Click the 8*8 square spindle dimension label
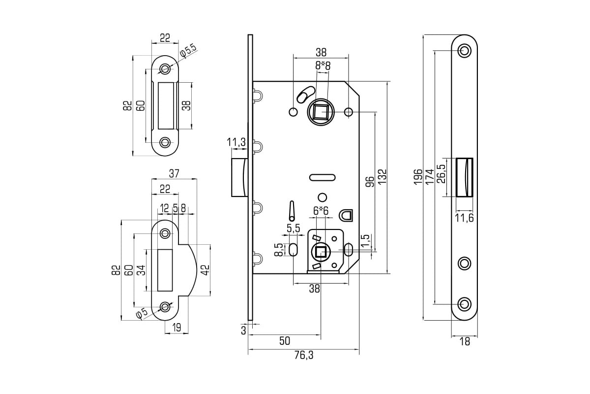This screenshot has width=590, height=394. [323, 66]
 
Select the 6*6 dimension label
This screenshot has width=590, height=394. [321, 211]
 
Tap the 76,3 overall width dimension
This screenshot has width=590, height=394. [304, 356]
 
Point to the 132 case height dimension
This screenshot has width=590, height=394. [382, 176]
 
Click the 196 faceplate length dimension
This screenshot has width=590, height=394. [418, 177]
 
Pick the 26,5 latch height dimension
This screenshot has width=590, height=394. [441, 174]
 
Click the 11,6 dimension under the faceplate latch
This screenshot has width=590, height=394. [465, 218]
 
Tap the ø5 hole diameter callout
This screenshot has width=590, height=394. [142, 313]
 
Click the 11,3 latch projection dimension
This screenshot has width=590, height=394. [236, 142]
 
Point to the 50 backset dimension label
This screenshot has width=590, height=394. [285, 341]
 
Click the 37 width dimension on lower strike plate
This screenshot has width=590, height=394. [174, 173]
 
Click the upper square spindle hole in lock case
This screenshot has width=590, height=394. [321, 112]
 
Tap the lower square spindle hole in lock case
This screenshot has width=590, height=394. [321, 252]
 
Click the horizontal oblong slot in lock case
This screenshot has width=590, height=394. [322, 178]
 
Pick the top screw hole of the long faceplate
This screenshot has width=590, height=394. [464, 51]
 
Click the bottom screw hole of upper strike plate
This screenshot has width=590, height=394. [165, 142]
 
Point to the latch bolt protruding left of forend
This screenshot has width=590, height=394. [240, 177]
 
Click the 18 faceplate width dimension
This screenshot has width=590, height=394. [465, 342]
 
